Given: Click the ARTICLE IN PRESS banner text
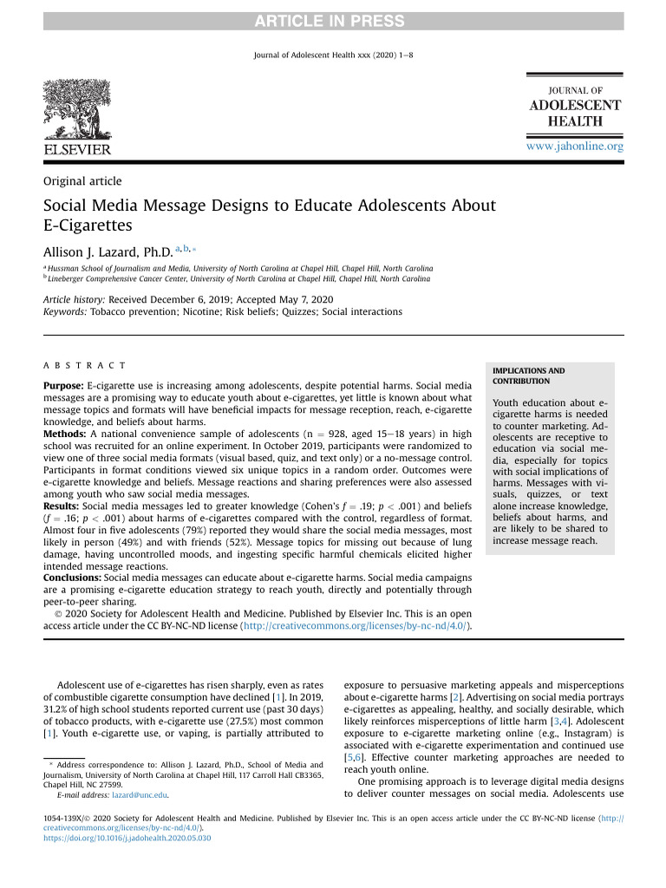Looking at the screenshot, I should pos(333,21).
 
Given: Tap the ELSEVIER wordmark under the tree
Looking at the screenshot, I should pos(77,150).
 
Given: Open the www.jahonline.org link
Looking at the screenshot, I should pos(575,147).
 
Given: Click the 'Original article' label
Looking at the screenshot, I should pos(82,181).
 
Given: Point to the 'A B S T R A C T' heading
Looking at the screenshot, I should pos(84,366).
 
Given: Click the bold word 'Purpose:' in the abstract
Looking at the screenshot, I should pos(64,384).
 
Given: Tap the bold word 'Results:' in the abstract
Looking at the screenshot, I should pos(62,506).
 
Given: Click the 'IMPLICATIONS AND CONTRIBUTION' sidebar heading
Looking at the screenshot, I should pos(528,376).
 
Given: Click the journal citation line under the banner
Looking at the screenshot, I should pos(333,55).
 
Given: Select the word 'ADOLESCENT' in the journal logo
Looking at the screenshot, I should pos(575,106).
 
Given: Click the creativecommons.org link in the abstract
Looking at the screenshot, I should pos(356,626).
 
